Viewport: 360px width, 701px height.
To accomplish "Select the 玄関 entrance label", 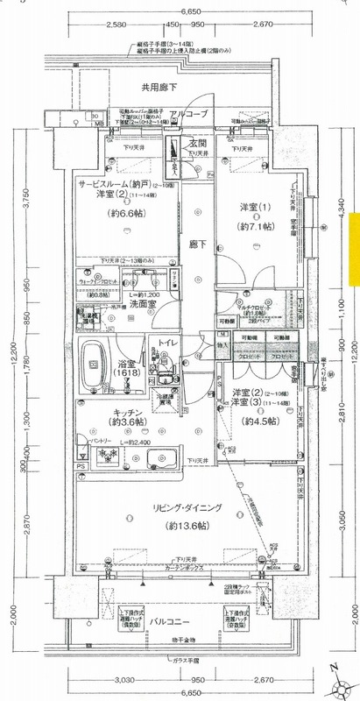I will pos(197,144).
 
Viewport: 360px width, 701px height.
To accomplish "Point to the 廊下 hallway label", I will pos(197,245).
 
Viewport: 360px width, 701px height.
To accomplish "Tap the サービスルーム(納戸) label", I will pos(114,185).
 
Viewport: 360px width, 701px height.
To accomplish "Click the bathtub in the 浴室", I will pos(95,366).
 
